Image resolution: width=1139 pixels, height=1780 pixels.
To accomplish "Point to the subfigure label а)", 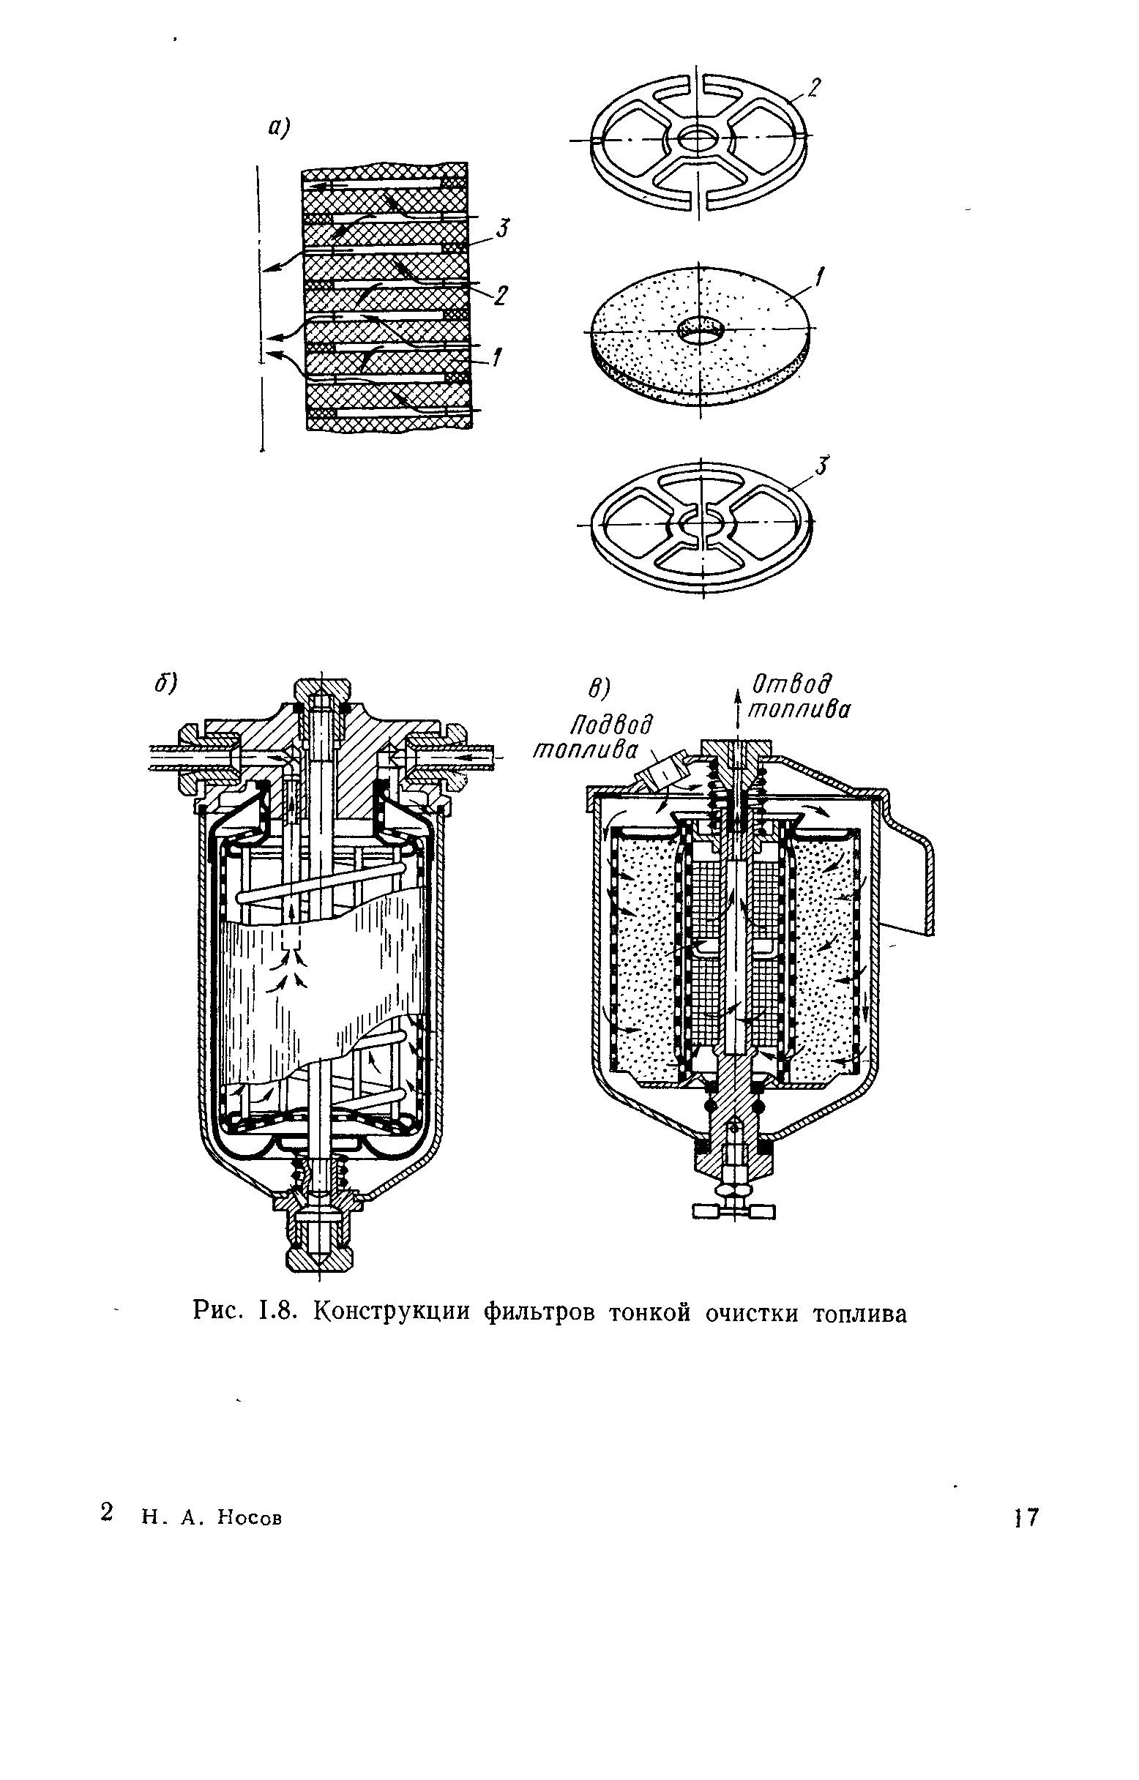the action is pos(279,129).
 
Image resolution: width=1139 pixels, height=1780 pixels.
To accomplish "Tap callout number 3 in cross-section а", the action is pos(502,228).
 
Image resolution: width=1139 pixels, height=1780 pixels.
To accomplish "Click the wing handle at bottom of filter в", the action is pos(734,1211).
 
